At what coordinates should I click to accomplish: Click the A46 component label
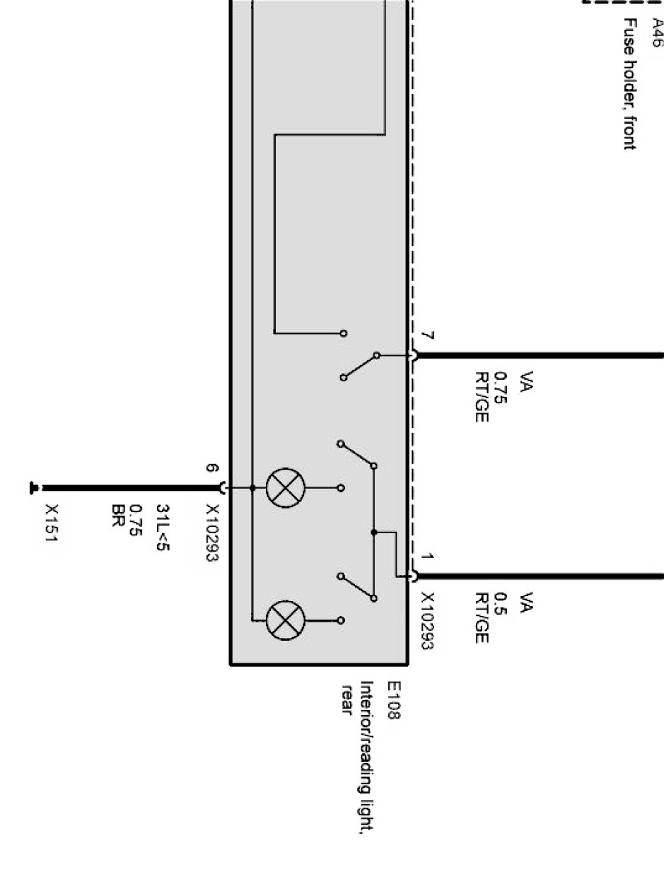point(657,33)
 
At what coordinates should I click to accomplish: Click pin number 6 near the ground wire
point(211,467)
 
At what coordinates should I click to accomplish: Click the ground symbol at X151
point(33,487)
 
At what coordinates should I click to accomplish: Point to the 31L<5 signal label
point(163,528)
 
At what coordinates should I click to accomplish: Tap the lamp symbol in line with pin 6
point(284,488)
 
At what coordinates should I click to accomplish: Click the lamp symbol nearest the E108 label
point(284,620)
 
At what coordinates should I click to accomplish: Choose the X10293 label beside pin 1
point(426,620)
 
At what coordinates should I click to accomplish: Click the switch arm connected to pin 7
point(360,366)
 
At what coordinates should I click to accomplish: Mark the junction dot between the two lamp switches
point(374,532)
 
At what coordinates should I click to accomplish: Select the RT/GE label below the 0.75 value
point(482,397)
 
